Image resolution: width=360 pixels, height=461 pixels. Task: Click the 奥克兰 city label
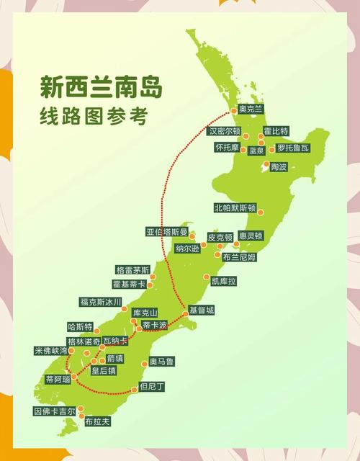pyautogui.click(x=251, y=109)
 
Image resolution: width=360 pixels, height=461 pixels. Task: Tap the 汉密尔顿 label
pyautogui.click(x=224, y=132)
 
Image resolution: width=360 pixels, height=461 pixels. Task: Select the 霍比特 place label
pyautogui.click(x=276, y=131)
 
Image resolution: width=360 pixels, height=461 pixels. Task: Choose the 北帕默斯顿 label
pyautogui.click(x=235, y=208)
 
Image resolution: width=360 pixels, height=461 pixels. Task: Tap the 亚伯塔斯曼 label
pyautogui.click(x=166, y=232)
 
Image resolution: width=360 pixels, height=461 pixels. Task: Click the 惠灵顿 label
pyautogui.click(x=251, y=236)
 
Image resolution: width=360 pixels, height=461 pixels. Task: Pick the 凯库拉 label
pyautogui.click(x=223, y=281)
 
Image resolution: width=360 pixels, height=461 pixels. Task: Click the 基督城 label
pyautogui.click(x=202, y=310)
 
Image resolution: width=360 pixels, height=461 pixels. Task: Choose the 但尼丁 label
pyautogui.click(x=152, y=387)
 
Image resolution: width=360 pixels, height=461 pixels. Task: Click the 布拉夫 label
pyautogui.click(x=97, y=422)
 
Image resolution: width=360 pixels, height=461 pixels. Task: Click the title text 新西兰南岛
pyautogui.click(x=101, y=88)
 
